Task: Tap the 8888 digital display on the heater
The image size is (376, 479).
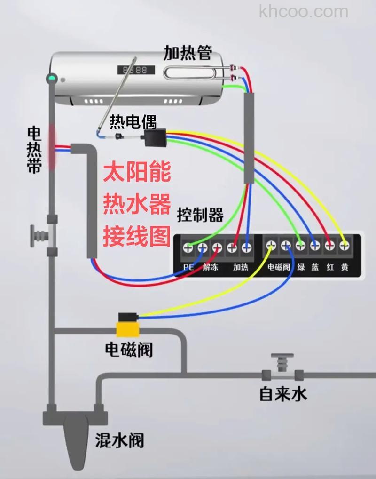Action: [135, 70]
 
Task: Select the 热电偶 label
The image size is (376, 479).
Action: [133, 122]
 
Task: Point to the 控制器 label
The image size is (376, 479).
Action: [200, 215]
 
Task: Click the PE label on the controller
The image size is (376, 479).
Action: [188, 267]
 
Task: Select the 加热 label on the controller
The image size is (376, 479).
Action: [240, 267]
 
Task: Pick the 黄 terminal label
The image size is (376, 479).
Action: [345, 267]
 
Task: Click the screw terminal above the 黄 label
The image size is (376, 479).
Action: [345, 245]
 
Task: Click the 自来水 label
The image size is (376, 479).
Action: [283, 393]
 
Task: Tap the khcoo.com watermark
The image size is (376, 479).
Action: [303, 11]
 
